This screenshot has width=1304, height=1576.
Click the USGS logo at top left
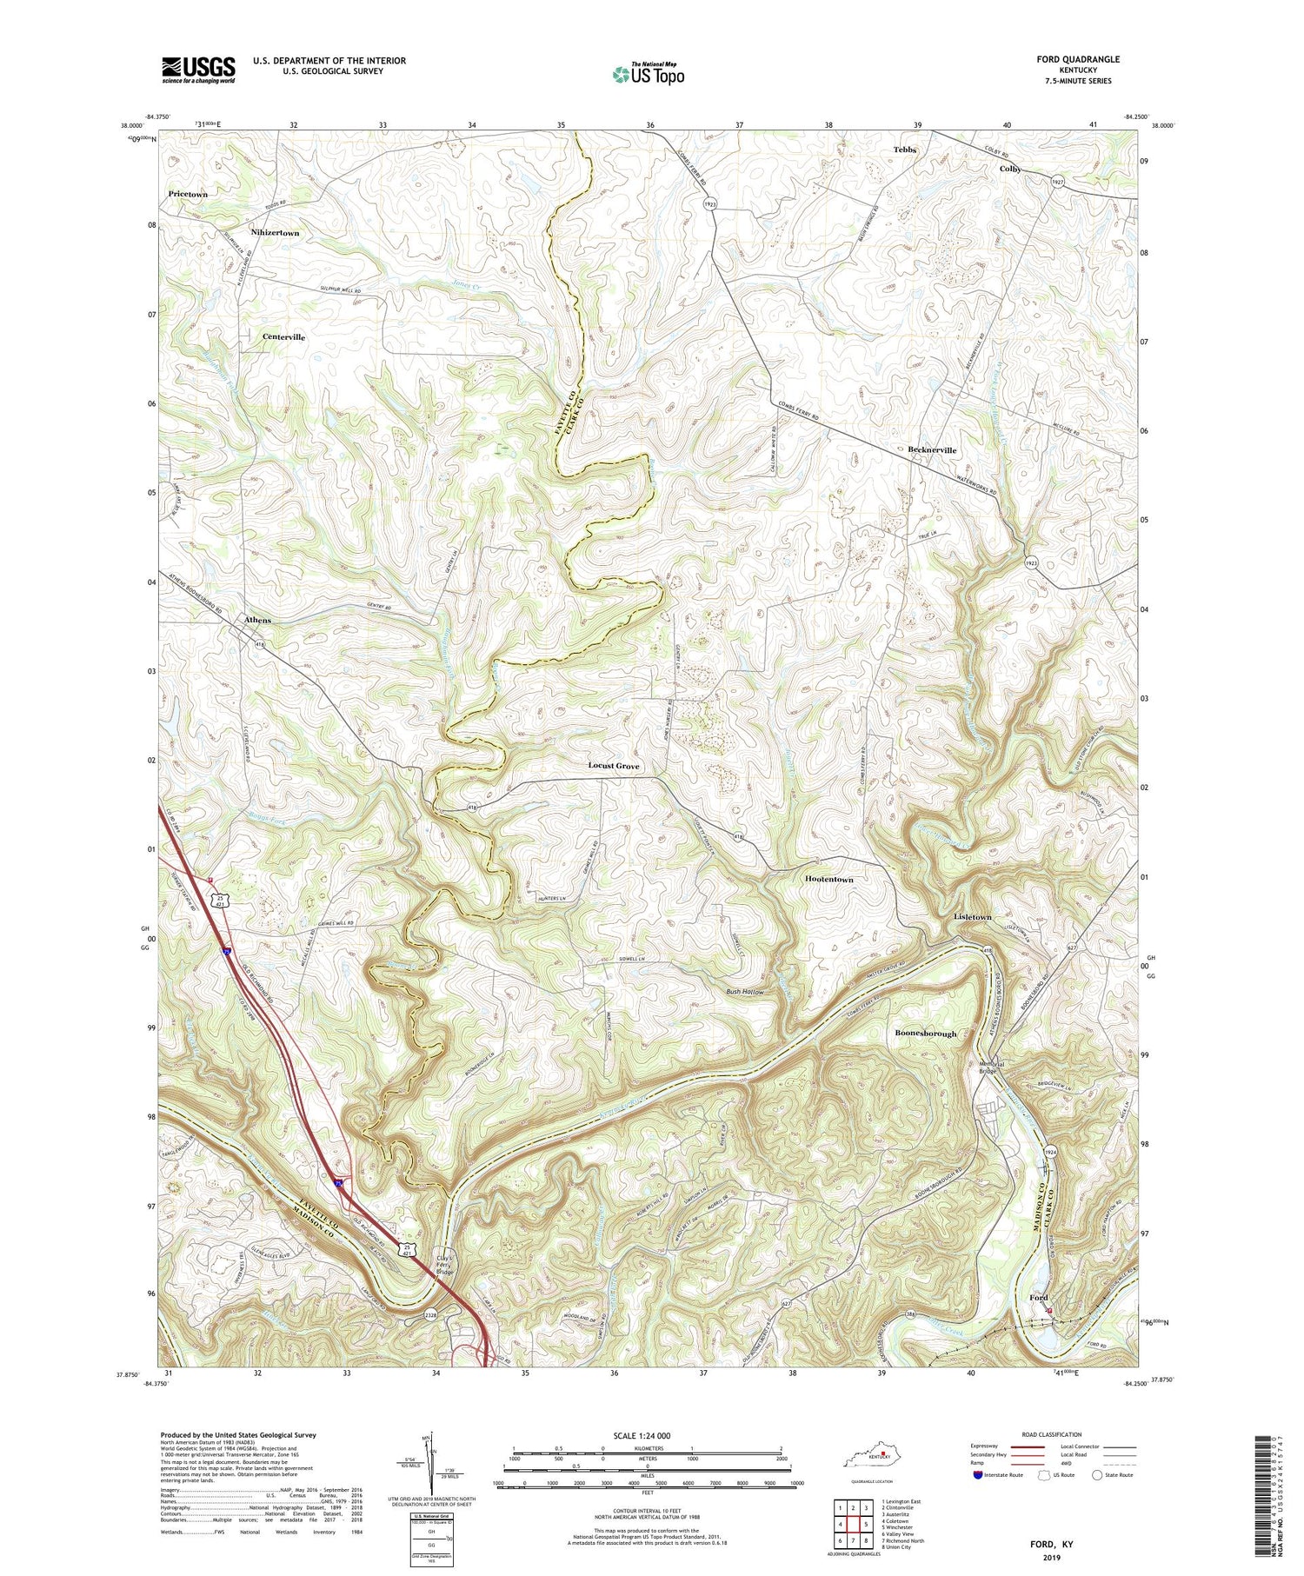[x=198, y=70]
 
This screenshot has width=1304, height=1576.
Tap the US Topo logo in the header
[x=648, y=75]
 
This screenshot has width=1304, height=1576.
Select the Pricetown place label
[x=188, y=195]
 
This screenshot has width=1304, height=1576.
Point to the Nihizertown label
[x=275, y=233]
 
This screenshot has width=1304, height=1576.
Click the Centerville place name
[x=283, y=336]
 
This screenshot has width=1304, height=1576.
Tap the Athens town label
[x=257, y=620]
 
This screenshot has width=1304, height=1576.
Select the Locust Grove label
[x=614, y=766]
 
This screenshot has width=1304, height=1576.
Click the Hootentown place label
[x=828, y=880]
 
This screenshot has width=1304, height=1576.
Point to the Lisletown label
[x=972, y=917]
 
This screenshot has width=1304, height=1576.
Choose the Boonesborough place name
[x=926, y=1034]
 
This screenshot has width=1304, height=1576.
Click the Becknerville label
[x=932, y=450]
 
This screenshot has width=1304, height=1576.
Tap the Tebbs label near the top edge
[x=905, y=150]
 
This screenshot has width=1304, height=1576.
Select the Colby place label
[x=1009, y=169]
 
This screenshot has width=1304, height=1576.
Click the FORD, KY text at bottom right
[x=1049, y=1544]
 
